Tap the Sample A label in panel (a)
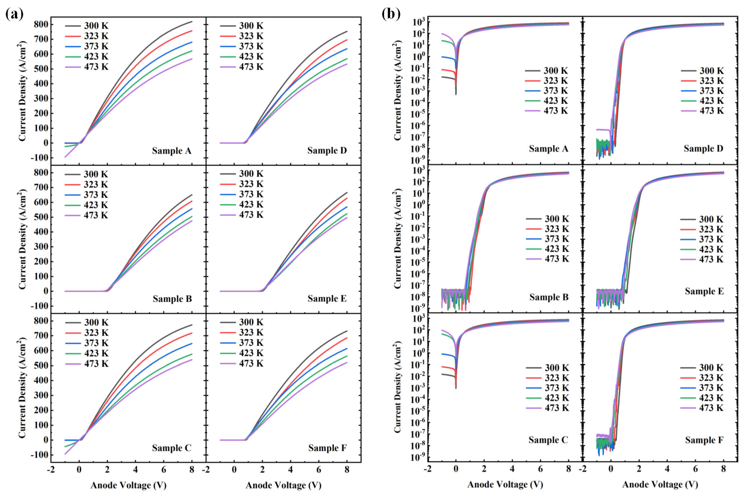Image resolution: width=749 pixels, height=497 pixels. [x=171, y=151]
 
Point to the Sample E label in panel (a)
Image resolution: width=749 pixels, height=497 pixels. [x=327, y=299]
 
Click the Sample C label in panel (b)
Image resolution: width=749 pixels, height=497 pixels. [x=548, y=440]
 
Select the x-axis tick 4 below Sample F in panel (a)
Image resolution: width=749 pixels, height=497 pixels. [x=290, y=470]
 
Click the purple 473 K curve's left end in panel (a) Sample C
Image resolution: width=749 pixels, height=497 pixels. [x=65, y=454]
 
